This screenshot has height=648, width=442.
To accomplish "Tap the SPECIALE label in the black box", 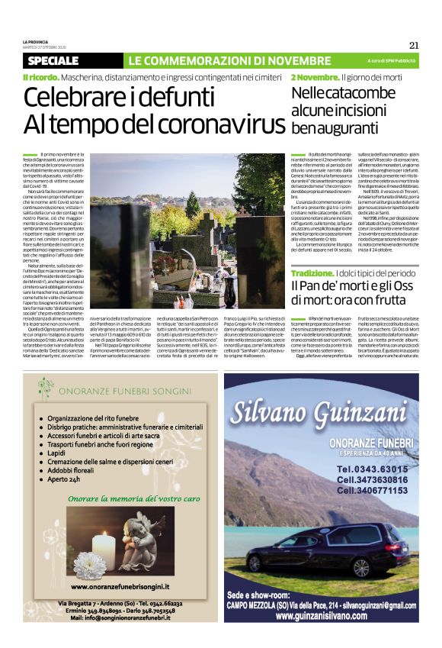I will pos(53,60).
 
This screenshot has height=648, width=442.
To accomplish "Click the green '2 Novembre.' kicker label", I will pos(315,77).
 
